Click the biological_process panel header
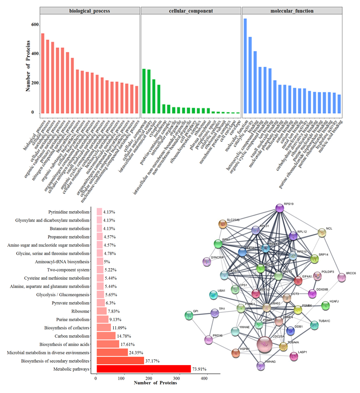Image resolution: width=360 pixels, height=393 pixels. (90, 11)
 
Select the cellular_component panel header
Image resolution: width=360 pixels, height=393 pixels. (190, 11)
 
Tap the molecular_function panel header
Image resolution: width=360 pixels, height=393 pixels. (291, 11)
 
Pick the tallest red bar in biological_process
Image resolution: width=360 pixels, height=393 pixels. (43, 73)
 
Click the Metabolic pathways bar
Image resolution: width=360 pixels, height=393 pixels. (143, 369)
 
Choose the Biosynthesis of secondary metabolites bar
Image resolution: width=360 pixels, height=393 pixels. (120, 360)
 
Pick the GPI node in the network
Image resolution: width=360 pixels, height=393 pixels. (189, 315)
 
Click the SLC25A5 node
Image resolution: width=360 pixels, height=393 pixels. (223, 224)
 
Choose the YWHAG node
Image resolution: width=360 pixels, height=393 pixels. (261, 366)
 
